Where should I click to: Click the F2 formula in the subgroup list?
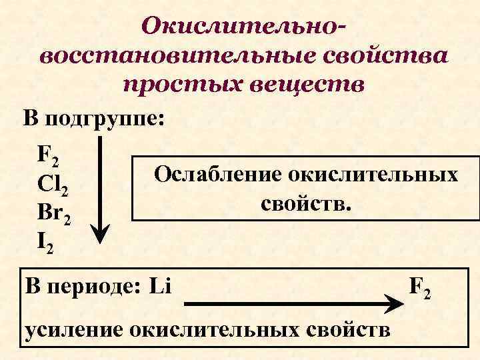point(49,156)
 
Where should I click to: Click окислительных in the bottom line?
point(213,331)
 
